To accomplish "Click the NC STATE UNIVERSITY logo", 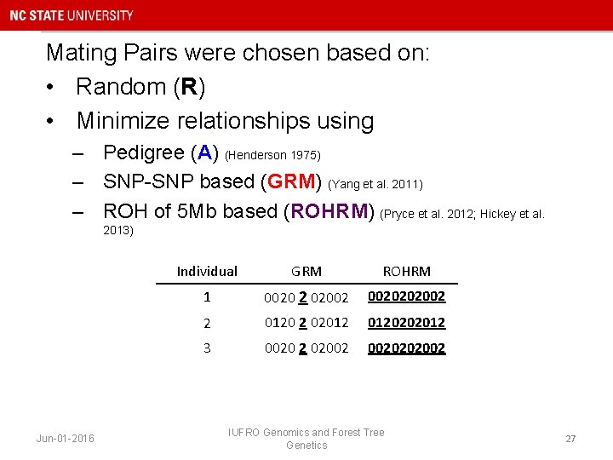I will click(72, 15).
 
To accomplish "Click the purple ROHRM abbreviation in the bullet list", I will click(331, 211).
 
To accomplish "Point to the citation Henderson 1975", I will click(272, 155).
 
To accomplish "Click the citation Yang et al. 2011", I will click(375, 184).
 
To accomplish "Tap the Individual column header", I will click(207, 271).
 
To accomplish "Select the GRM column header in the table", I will click(306, 271).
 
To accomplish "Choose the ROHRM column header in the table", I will click(406, 271).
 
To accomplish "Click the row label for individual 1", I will click(207, 297).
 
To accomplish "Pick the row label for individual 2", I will click(207, 323).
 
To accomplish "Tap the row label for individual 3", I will click(207, 348).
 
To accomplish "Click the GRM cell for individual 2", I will click(306, 323).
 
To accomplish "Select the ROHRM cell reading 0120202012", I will click(406, 323).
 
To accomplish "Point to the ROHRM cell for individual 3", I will click(406, 348).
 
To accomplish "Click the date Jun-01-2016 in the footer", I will click(66, 439).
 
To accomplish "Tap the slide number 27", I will click(570, 439).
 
